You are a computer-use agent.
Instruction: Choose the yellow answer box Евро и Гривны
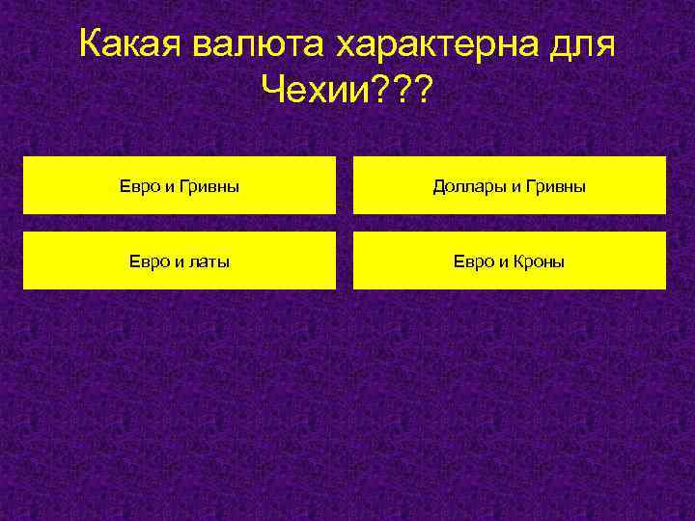point(180,185)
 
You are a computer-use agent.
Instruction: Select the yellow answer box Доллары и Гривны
point(510,185)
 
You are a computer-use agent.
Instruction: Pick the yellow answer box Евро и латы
point(180,260)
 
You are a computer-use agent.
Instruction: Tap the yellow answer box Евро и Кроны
point(510,260)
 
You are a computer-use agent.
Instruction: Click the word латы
point(209,260)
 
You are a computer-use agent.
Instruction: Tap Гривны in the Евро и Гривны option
point(209,185)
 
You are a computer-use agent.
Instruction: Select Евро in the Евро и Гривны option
point(137,185)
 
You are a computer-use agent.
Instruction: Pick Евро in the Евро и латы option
point(147,260)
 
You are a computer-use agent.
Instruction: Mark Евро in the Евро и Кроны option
point(473,260)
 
